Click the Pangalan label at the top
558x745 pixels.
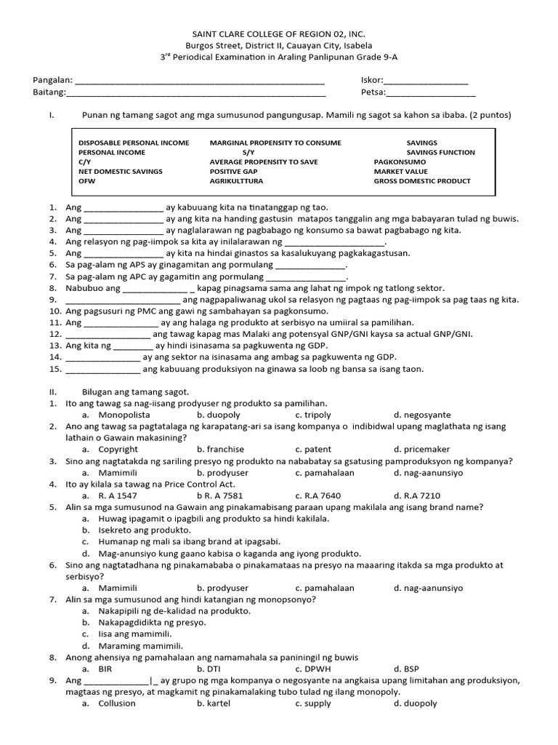tap(53, 80)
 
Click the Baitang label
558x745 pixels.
tap(49, 92)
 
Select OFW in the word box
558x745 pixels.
tap(86, 181)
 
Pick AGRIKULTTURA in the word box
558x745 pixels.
tap(236, 181)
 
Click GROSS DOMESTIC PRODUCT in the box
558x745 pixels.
tap(422, 181)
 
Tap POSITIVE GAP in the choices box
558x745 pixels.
tap(235, 172)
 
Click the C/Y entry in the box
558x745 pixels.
tap(85, 162)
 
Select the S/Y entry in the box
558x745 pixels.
tap(249, 153)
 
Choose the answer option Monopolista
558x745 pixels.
tap(124, 413)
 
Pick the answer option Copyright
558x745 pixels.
tap(118, 450)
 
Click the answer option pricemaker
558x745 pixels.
tap(425, 450)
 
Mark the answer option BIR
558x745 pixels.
tap(105, 668)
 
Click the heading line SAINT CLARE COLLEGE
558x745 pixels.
tap(278, 34)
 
